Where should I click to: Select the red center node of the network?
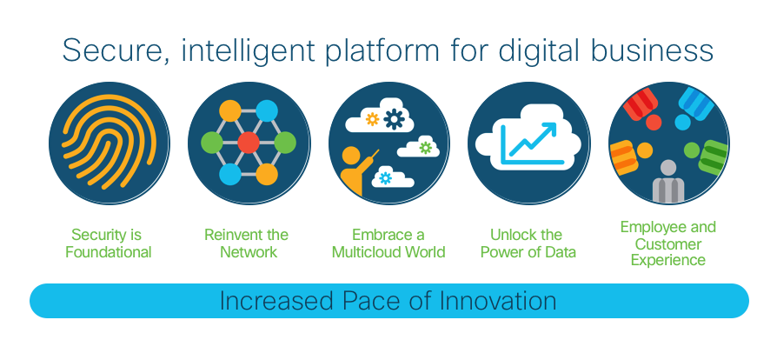pos(249,143)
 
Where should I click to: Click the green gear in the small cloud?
pos(425,148)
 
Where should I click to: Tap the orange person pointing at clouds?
pos(356,170)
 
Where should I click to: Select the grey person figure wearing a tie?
pos(668,182)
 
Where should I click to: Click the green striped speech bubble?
pos(712,157)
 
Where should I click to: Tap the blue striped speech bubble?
pos(695,104)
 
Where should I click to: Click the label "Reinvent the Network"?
pos(248,243)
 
